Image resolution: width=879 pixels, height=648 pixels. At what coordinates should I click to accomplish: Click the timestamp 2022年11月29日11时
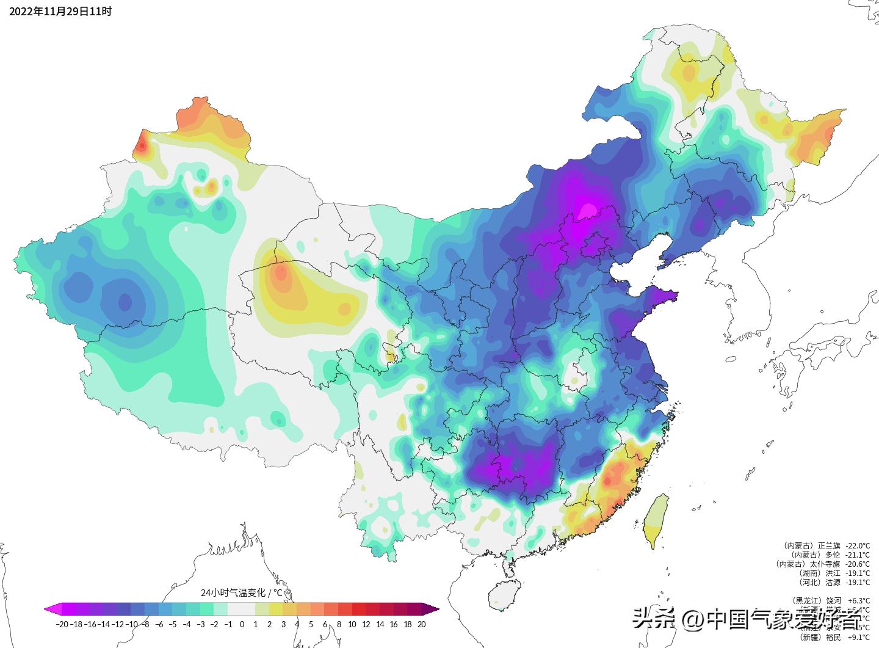click(60, 12)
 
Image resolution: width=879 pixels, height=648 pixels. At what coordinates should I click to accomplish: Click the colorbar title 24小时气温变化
click(242, 592)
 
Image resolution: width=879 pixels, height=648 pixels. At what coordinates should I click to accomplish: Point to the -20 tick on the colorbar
click(62, 624)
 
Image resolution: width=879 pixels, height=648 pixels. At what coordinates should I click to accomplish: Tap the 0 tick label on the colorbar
click(242, 624)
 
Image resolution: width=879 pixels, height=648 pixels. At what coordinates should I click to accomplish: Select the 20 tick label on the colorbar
click(421, 624)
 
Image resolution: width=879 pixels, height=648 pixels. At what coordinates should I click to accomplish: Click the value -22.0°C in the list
click(858, 545)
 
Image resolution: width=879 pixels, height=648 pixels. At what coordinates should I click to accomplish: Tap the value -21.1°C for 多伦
click(858, 555)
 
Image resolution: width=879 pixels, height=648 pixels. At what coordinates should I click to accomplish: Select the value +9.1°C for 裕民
click(859, 637)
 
